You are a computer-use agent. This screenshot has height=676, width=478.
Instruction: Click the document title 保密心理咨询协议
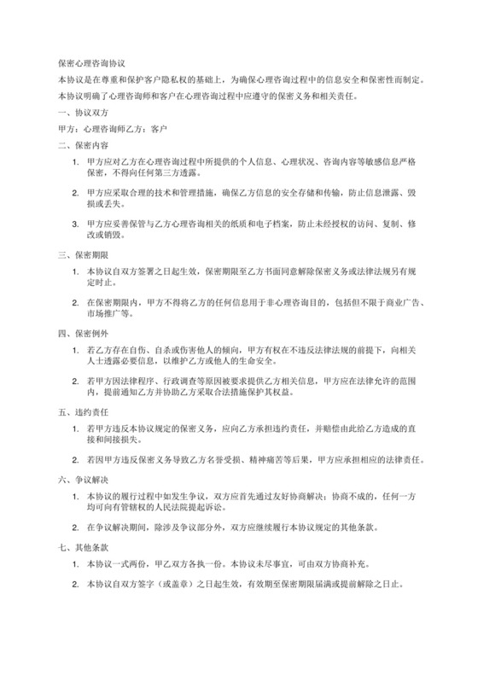pyautogui.click(x=91, y=63)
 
